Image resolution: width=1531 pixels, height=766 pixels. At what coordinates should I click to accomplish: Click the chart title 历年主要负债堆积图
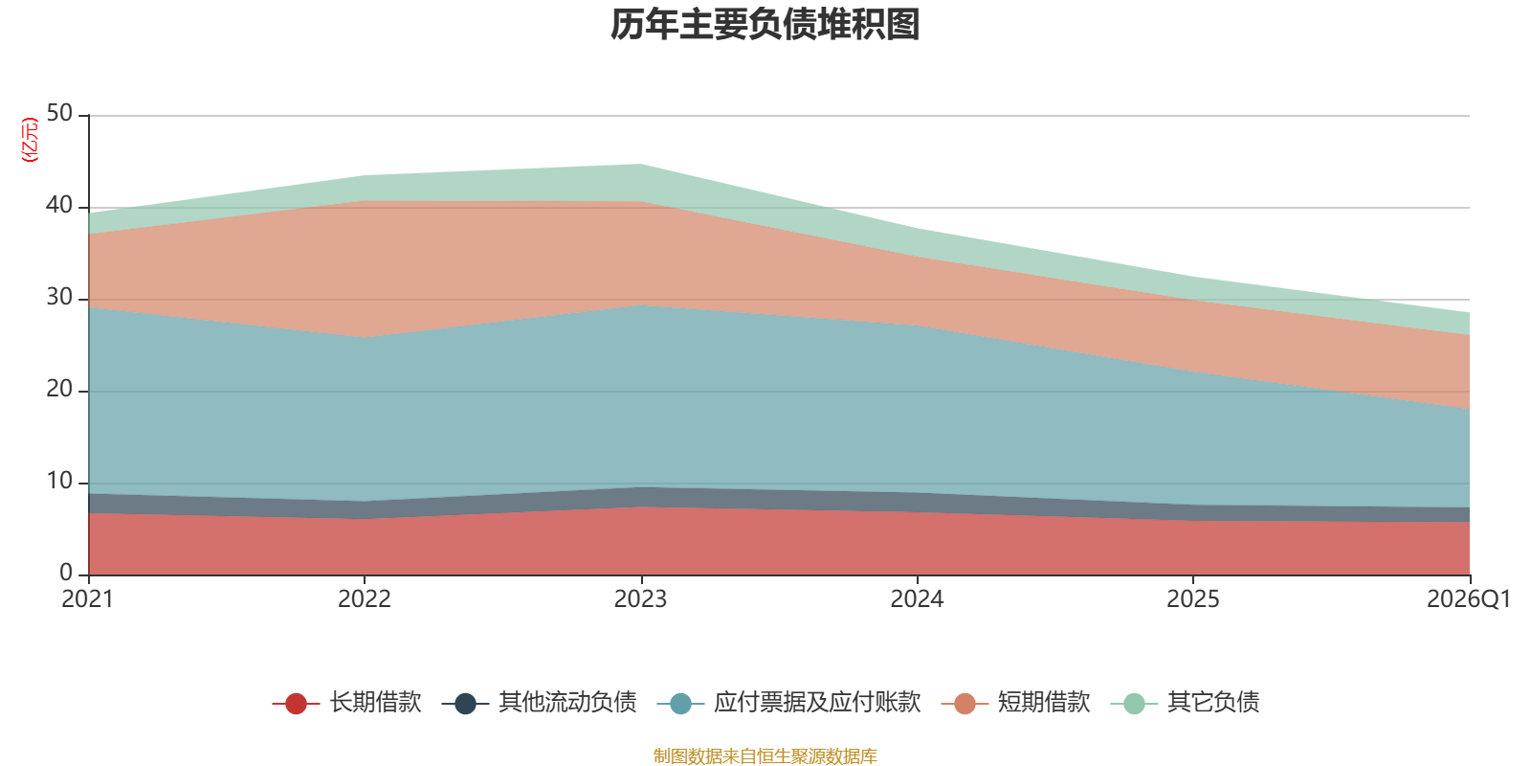(x=765, y=25)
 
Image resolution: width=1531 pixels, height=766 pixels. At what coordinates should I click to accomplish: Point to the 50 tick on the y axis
(x=59, y=113)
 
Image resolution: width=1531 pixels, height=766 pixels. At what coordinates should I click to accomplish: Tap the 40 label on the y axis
(x=59, y=205)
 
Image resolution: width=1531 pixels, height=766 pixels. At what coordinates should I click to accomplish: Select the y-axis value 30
(x=59, y=297)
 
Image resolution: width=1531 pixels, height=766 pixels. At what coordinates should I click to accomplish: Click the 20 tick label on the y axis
(x=59, y=389)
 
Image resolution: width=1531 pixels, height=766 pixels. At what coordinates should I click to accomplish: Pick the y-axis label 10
(x=59, y=481)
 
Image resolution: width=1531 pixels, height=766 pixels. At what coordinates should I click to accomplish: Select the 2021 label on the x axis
(x=87, y=599)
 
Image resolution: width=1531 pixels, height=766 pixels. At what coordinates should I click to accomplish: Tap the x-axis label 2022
(x=365, y=599)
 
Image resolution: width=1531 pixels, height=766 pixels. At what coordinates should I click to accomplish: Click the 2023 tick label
(x=640, y=599)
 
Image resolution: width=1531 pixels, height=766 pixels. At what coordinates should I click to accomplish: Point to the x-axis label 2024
(x=917, y=599)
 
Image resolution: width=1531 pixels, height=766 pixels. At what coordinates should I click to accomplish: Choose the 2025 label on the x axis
(x=1192, y=599)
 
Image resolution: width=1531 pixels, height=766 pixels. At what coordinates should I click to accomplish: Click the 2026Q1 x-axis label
(x=1469, y=599)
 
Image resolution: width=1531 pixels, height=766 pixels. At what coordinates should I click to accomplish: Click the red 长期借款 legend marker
(x=296, y=703)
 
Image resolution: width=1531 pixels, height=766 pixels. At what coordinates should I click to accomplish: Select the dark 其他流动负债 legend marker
(x=465, y=703)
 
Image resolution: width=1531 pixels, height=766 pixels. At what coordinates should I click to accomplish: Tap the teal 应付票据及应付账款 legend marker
(x=680, y=703)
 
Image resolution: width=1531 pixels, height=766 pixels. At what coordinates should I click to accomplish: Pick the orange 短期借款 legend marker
(x=965, y=703)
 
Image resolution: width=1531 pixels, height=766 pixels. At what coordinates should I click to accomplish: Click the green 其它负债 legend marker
(x=1135, y=703)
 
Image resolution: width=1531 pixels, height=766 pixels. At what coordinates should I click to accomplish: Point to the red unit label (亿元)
(x=30, y=140)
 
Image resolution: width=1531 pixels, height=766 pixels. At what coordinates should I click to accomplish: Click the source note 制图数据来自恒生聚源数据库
(x=765, y=755)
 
